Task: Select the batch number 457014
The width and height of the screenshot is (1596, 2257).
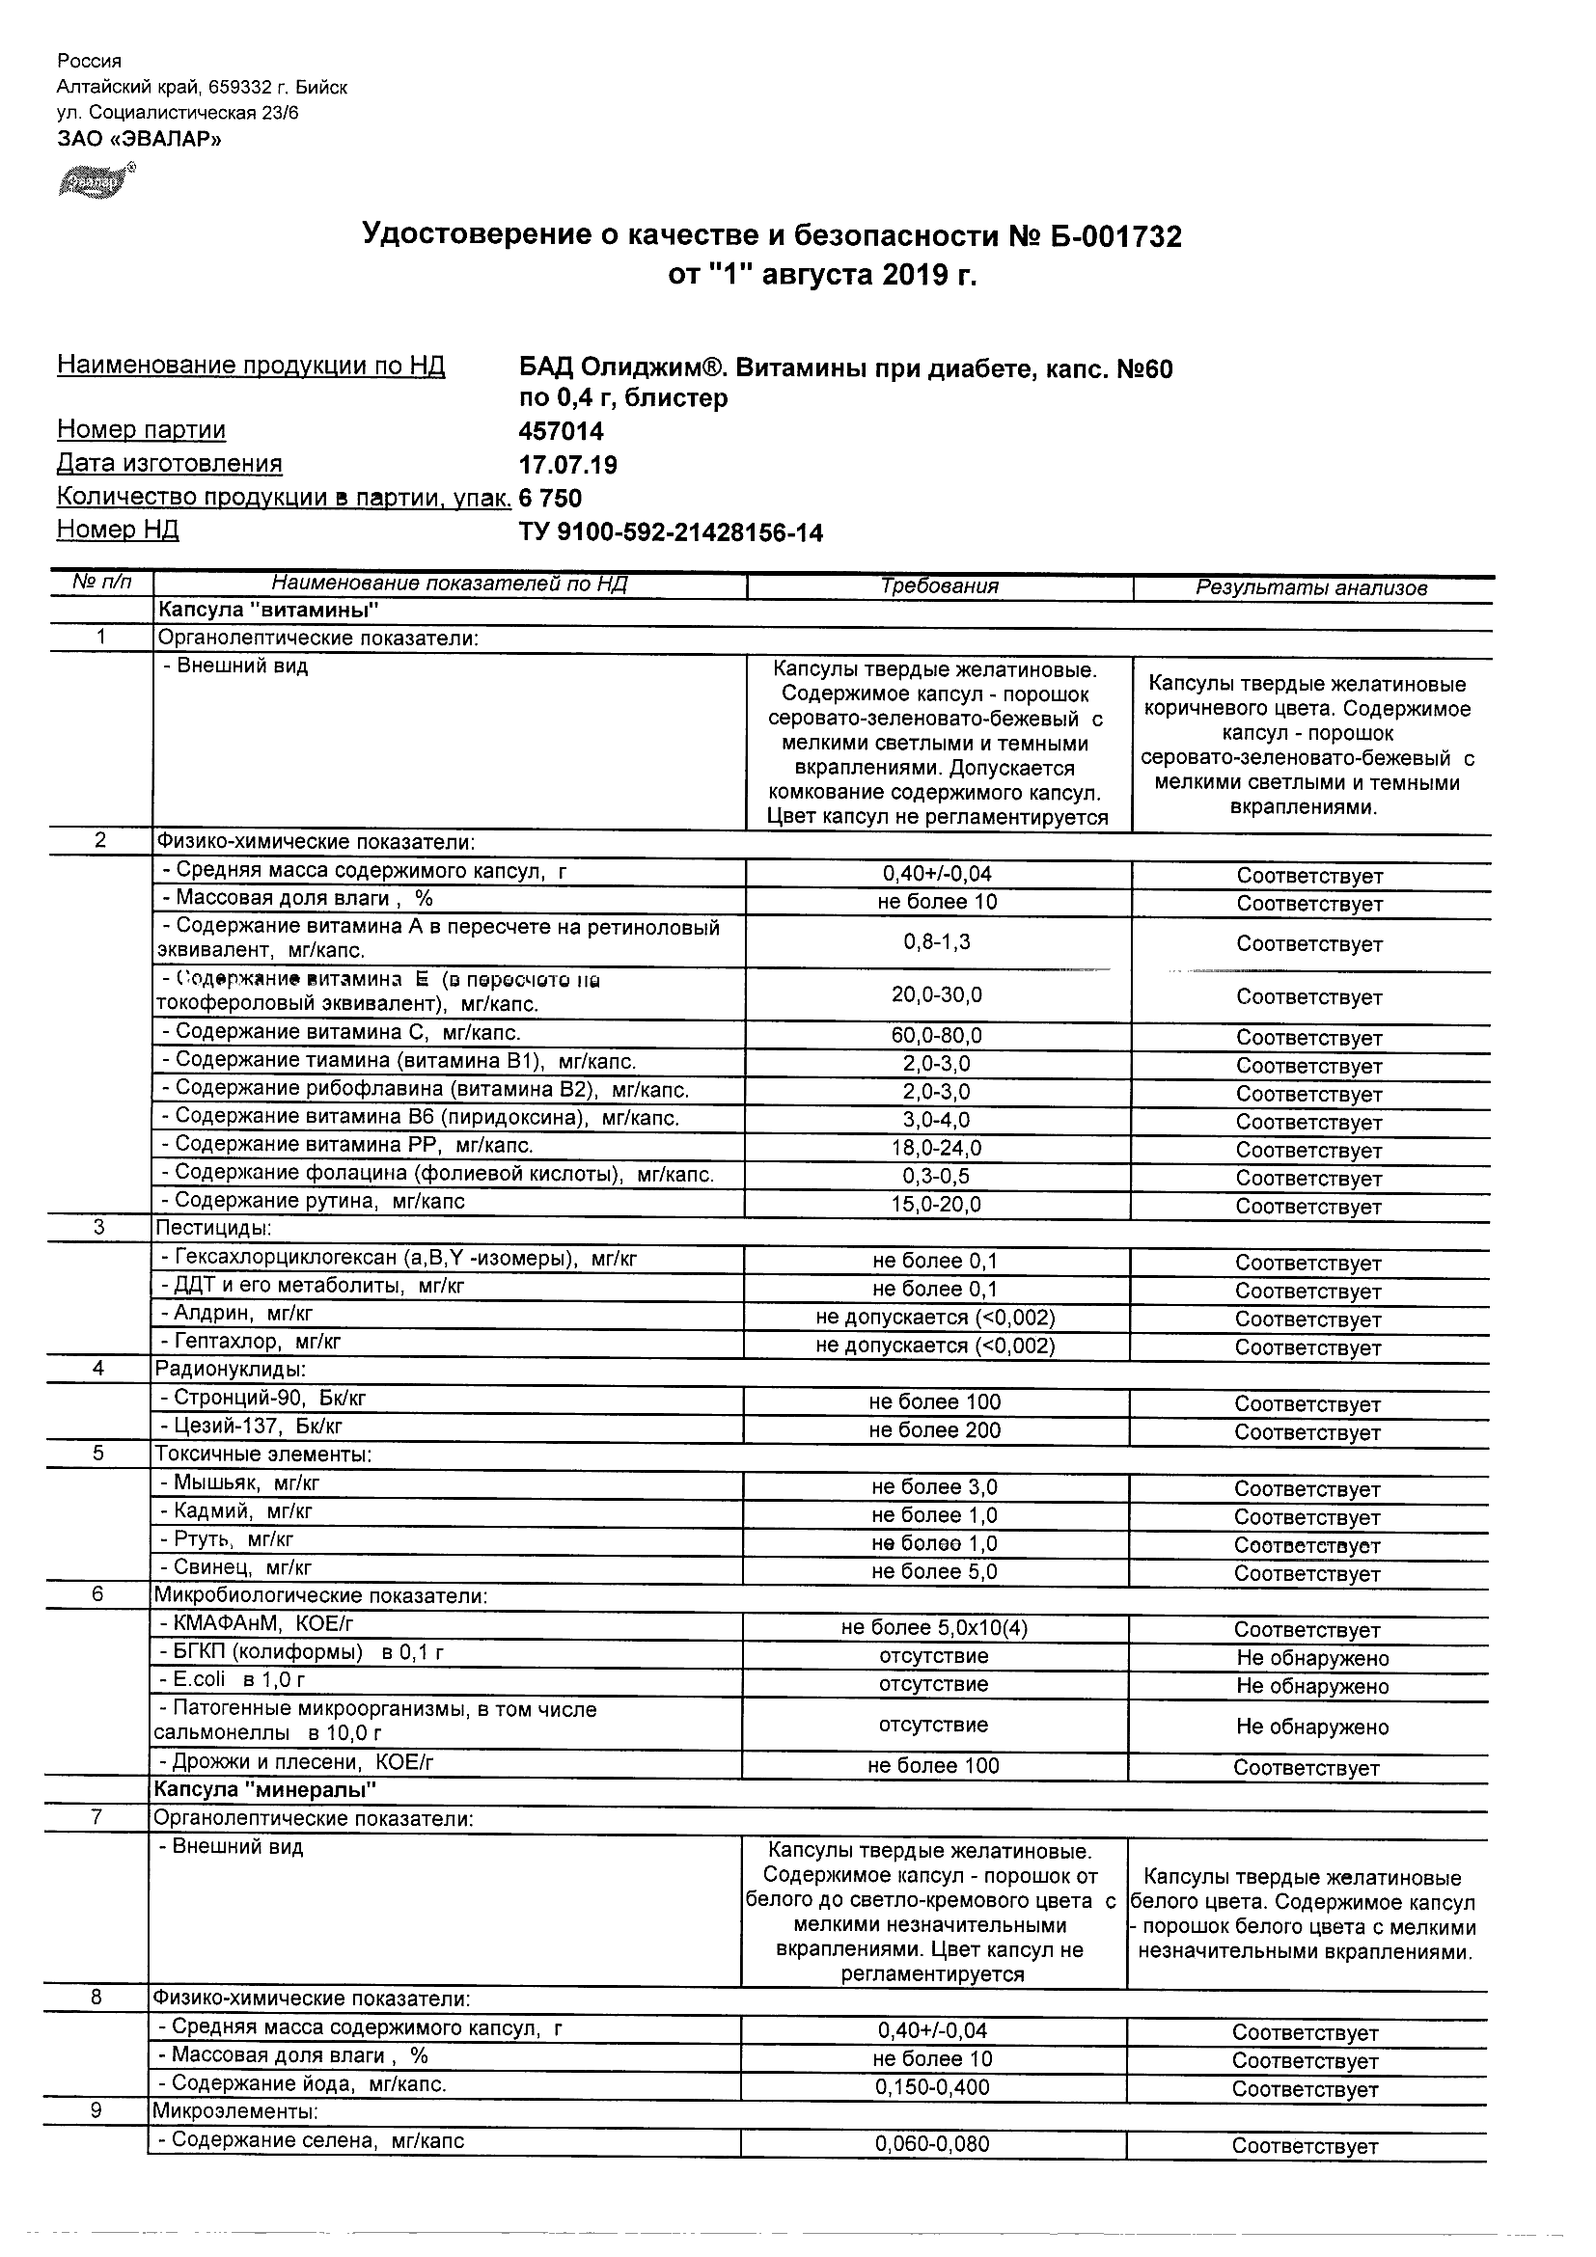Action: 561,431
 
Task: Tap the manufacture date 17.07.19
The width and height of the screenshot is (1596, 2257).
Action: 567,465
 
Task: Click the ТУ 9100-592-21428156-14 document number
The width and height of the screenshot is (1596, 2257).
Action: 671,532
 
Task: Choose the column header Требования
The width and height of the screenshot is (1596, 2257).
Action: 939,586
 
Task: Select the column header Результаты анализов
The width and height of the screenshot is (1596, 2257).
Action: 1310,587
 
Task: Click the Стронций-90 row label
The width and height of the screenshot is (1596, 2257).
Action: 262,1398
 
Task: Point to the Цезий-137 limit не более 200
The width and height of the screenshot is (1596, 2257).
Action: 934,1430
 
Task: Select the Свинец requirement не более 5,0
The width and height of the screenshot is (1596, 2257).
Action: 934,1571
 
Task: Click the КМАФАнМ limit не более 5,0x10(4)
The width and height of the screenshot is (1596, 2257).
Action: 934,1628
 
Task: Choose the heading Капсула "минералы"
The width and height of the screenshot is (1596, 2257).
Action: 265,1789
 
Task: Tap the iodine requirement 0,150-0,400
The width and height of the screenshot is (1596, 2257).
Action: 932,2087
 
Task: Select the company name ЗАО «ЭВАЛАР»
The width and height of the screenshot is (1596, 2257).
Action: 140,139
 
